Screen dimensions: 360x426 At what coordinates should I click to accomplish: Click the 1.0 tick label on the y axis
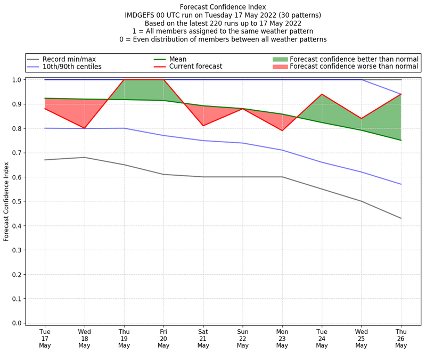(17, 80)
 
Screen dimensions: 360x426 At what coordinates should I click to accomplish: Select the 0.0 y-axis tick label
(17, 323)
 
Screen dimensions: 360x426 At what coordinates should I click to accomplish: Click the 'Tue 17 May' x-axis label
(45, 338)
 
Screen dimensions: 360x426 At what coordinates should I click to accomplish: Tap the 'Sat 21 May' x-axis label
(203, 338)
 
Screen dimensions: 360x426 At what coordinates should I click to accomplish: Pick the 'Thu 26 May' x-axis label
(401, 338)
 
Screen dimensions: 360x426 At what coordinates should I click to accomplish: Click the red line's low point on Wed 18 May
(84, 128)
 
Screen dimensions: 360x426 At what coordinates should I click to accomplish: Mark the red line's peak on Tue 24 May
(322, 94)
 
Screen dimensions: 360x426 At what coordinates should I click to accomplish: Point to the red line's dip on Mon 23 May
(282, 130)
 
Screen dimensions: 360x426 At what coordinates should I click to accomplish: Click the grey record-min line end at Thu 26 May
(401, 218)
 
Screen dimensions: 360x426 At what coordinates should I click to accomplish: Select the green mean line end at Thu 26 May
(401, 140)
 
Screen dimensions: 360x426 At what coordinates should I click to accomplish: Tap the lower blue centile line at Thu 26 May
(401, 184)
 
